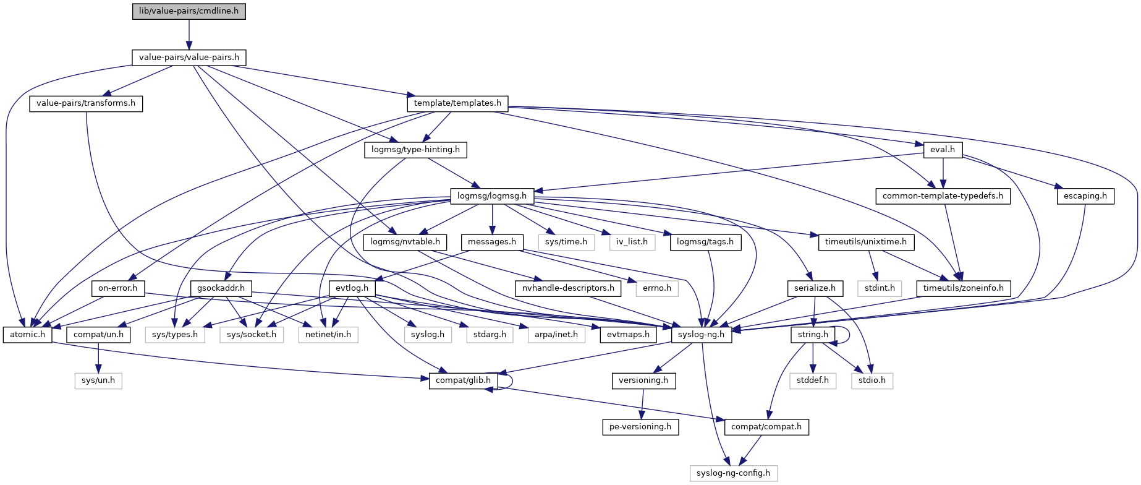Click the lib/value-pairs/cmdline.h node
tap(189, 11)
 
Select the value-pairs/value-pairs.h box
tap(189, 58)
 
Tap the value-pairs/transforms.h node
tap(86, 103)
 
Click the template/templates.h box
tap(457, 103)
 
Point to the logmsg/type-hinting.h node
tap(415, 150)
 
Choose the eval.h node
tap(943, 150)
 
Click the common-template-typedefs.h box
tap(943, 196)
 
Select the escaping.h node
tap(1085, 196)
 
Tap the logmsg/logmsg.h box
tap(492, 196)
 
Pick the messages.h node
tap(492, 242)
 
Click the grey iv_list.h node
tap(632, 242)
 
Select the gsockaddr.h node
tap(222, 288)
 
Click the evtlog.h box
tap(352, 288)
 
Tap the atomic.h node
tap(28, 335)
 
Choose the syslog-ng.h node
tap(702, 335)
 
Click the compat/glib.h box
tap(463, 380)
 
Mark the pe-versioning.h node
tap(640, 427)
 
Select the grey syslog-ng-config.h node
tap(733, 473)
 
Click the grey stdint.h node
tap(880, 288)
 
